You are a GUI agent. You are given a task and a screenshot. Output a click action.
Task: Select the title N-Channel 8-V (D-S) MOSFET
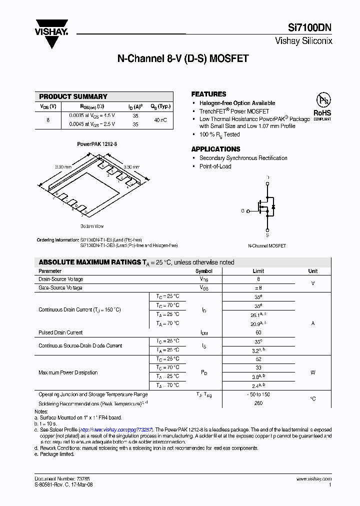point(182,58)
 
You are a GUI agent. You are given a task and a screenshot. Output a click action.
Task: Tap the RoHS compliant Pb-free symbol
point(322,105)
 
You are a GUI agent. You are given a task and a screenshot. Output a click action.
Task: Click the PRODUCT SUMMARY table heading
point(73,96)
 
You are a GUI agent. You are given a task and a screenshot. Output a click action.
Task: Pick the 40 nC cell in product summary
point(160,120)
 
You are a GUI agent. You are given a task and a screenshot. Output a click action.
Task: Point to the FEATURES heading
point(208,94)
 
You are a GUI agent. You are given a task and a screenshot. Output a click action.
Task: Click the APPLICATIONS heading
point(215,149)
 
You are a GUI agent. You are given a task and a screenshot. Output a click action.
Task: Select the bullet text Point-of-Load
point(215,166)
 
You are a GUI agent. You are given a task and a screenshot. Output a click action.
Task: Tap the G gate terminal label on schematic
point(242,211)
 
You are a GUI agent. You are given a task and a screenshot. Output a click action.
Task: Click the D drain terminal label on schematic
point(267,177)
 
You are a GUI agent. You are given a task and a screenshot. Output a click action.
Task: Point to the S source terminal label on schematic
point(267,235)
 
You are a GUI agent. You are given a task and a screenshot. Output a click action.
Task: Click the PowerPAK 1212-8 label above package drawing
point(97,144)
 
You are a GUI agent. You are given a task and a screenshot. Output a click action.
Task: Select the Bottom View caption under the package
point(92,226)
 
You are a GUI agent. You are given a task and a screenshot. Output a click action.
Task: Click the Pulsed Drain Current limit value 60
point(258,332)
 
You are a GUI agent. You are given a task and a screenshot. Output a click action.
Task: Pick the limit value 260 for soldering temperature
point(258,403)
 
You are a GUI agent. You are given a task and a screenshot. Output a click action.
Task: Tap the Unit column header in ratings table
point(312,271)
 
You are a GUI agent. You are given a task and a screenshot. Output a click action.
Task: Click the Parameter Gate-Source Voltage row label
point(60,288)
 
